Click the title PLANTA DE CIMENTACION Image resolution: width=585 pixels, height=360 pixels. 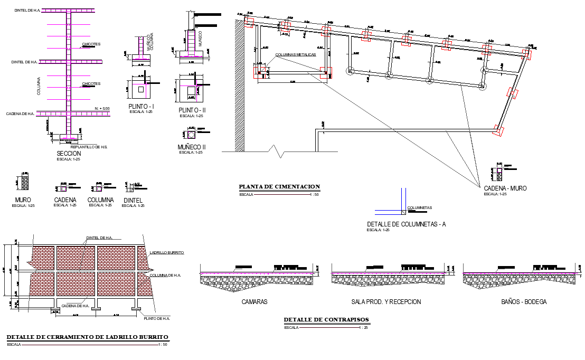(279, 186)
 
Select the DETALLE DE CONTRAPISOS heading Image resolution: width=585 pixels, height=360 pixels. (326, 319)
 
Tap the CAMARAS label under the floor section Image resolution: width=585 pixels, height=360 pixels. (254, 302)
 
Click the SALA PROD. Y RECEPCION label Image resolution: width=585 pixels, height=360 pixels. (386, 302)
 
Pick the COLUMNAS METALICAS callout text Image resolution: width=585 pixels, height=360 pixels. (295, 54)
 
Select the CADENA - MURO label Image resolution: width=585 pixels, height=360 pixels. (505, 188)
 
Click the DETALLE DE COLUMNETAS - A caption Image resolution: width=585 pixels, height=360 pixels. (406, 224)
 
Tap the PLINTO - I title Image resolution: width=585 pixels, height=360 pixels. (141, 107)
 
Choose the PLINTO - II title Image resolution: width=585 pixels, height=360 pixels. (193, 110)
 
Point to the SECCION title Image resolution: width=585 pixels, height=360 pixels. (69, 153)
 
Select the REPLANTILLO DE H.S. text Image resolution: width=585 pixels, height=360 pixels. (89, 146)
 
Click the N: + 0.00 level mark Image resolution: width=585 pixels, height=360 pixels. (102, 109)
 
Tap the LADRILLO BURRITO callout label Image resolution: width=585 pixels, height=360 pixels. (167, 253)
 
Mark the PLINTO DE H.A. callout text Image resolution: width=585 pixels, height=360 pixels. (157, 318)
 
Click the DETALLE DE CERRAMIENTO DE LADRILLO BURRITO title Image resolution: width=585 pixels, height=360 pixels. (87, 337)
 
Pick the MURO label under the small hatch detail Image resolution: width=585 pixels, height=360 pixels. (23, 200)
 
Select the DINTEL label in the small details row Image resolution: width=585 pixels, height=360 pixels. (133, 200)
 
